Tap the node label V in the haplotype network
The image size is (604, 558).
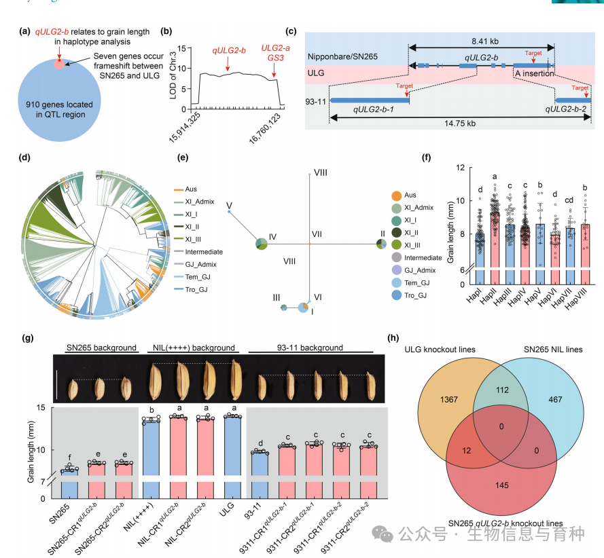pyautogui.click(x=229, y=204)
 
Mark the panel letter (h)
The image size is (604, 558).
pyautogui.click(x=392, y=337)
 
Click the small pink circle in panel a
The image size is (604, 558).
pyautogui.click(x=60, y=64)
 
